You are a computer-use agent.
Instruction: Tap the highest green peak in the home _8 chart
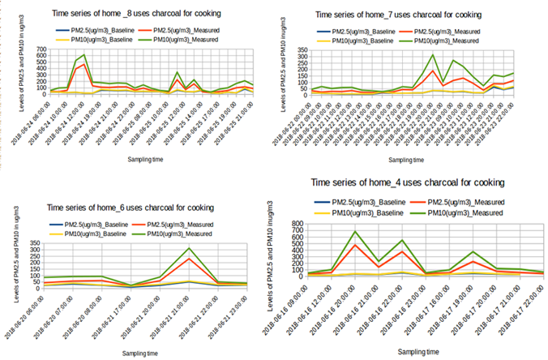(x=83, y=55)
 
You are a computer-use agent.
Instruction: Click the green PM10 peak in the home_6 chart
(x=189, y=248)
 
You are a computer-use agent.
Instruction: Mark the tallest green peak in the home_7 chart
(x=433, y=55)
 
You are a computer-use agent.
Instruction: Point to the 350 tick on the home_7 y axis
(x=303, y=49)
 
